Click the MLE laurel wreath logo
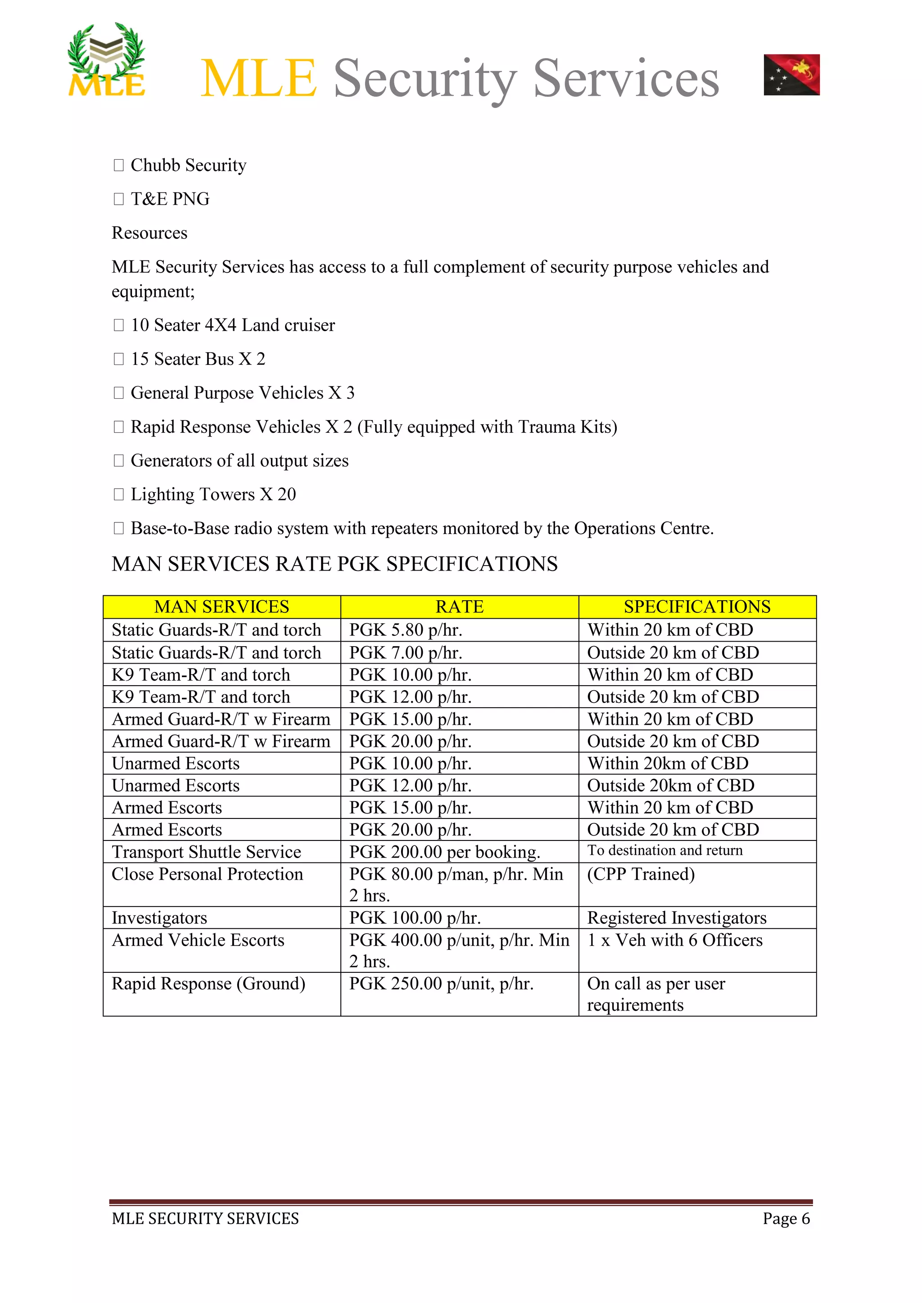[107, 60]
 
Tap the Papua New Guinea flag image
[791, 75]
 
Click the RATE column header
[459, 607]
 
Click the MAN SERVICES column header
[221, 607]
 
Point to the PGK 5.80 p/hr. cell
[405, 630]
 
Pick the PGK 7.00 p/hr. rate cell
[405, 653]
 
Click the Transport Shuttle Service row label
[206, 852]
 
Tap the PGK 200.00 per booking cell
[444, 852]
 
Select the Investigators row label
[159, 918]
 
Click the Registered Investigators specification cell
[676, 918]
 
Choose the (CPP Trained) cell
[641, 874]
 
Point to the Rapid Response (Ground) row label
[208, 984]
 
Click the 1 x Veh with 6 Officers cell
[674, 940]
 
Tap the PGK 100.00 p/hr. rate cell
[415, 918]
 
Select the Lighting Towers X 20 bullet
[213, 494]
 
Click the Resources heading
[149, 233]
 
